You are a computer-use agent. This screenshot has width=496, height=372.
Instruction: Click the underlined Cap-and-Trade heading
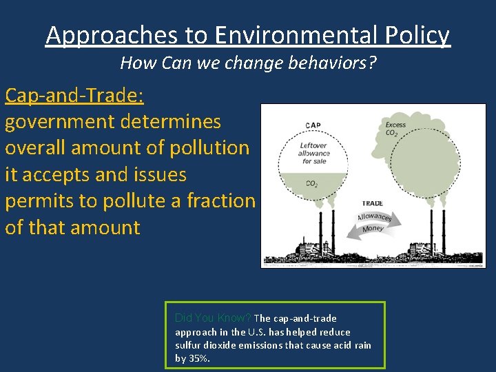click(74, 95)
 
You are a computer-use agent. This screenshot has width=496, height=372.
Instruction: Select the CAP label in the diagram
click(313, 125)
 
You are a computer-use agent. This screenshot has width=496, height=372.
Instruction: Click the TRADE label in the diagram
click(373, 204)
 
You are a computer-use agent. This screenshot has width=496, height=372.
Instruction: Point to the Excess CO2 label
click(395, 129)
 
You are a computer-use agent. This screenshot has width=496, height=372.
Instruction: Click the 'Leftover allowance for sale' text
click(314, 153)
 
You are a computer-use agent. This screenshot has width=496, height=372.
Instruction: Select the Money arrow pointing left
click(372, 229)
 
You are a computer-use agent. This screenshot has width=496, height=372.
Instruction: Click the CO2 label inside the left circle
click(311, 184)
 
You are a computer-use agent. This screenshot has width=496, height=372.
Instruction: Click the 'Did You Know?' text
click(213, 318)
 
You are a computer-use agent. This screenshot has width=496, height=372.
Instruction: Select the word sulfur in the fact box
click(187, 345)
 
